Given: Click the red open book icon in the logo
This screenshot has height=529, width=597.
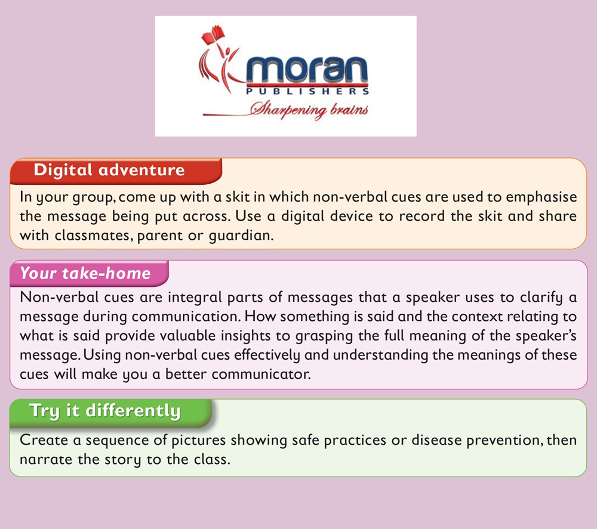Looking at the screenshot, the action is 213,36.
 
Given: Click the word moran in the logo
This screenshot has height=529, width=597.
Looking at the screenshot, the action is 307,70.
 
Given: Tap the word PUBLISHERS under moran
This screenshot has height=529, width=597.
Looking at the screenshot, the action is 307,91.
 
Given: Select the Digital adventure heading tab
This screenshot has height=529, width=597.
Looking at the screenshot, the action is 116,171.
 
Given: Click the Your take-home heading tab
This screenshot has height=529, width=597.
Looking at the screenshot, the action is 89,273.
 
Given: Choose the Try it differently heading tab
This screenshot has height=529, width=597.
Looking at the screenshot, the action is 110,413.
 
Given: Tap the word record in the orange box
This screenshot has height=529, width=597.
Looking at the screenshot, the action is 421,216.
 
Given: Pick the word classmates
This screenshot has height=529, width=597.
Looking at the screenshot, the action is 94,236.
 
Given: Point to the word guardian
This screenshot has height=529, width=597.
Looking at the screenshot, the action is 241,236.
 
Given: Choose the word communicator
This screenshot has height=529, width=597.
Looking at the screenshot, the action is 261,374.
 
